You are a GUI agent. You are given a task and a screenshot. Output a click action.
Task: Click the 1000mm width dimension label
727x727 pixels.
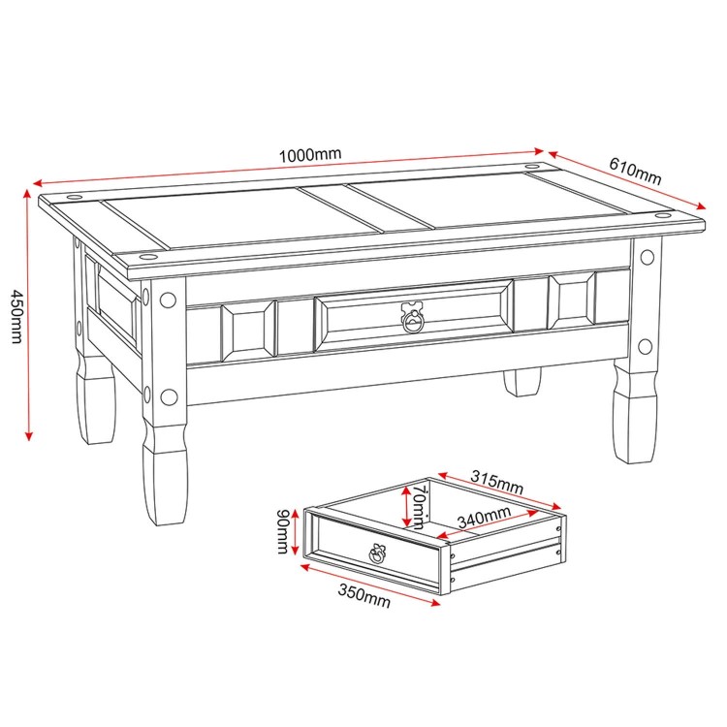309,155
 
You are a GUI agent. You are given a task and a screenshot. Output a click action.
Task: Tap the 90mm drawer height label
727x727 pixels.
282,532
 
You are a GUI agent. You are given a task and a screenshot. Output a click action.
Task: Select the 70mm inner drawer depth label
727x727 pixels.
418,507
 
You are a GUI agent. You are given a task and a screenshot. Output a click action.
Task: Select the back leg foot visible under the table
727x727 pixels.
523,382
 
